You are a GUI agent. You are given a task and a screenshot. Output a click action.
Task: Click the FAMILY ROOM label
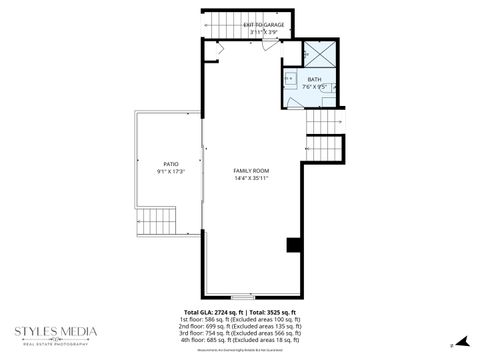pos(251,171)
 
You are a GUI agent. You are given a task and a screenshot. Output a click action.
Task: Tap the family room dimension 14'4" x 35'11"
pos(251,179)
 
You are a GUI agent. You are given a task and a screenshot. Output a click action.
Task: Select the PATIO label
pos(171,163)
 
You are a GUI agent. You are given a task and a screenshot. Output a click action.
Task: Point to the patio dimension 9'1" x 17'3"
pos(171,171)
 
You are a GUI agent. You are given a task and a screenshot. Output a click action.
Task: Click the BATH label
pos(314,79)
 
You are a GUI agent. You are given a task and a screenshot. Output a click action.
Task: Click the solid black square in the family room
pos(294,244)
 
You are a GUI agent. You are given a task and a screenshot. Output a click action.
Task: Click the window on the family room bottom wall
pos(242,297)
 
